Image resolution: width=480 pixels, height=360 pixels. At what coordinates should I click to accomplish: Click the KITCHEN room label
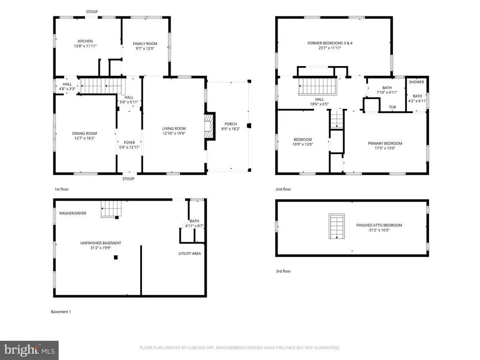(85, 41)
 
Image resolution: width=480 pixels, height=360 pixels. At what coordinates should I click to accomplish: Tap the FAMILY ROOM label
(145, 44)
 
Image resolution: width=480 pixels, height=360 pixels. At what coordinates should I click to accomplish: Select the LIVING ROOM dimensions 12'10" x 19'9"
(174, 134)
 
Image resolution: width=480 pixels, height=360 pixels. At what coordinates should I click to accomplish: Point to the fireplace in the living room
(209, 127)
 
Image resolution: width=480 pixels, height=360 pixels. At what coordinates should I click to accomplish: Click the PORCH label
(231, 124)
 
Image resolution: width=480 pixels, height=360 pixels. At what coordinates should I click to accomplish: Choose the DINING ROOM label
(84, 134)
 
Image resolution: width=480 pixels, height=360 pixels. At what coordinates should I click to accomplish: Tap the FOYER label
(129, 142)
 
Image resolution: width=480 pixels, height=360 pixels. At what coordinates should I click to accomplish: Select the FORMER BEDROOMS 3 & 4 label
(330, 43)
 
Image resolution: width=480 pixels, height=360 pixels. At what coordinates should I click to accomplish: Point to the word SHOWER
(416, 82)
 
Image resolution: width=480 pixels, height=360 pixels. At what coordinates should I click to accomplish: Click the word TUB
(392, 107)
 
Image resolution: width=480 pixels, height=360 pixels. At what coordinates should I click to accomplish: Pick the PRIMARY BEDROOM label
(385, 143)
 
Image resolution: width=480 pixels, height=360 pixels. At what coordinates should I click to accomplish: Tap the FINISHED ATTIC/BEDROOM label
(379, 225)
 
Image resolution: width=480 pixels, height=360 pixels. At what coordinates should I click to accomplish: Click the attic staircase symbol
(337, 226)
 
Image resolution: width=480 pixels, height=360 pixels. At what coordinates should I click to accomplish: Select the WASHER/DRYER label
(73, 213)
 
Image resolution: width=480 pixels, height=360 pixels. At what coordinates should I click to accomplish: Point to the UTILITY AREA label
(189, 254)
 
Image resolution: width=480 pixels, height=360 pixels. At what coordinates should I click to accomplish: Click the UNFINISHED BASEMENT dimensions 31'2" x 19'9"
(100, 248)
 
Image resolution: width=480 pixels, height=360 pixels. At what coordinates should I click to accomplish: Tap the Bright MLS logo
(29, 350)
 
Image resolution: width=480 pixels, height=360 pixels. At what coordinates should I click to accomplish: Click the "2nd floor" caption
(283, 189)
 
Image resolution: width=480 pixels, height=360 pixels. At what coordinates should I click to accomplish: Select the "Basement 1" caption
(60, 312)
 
